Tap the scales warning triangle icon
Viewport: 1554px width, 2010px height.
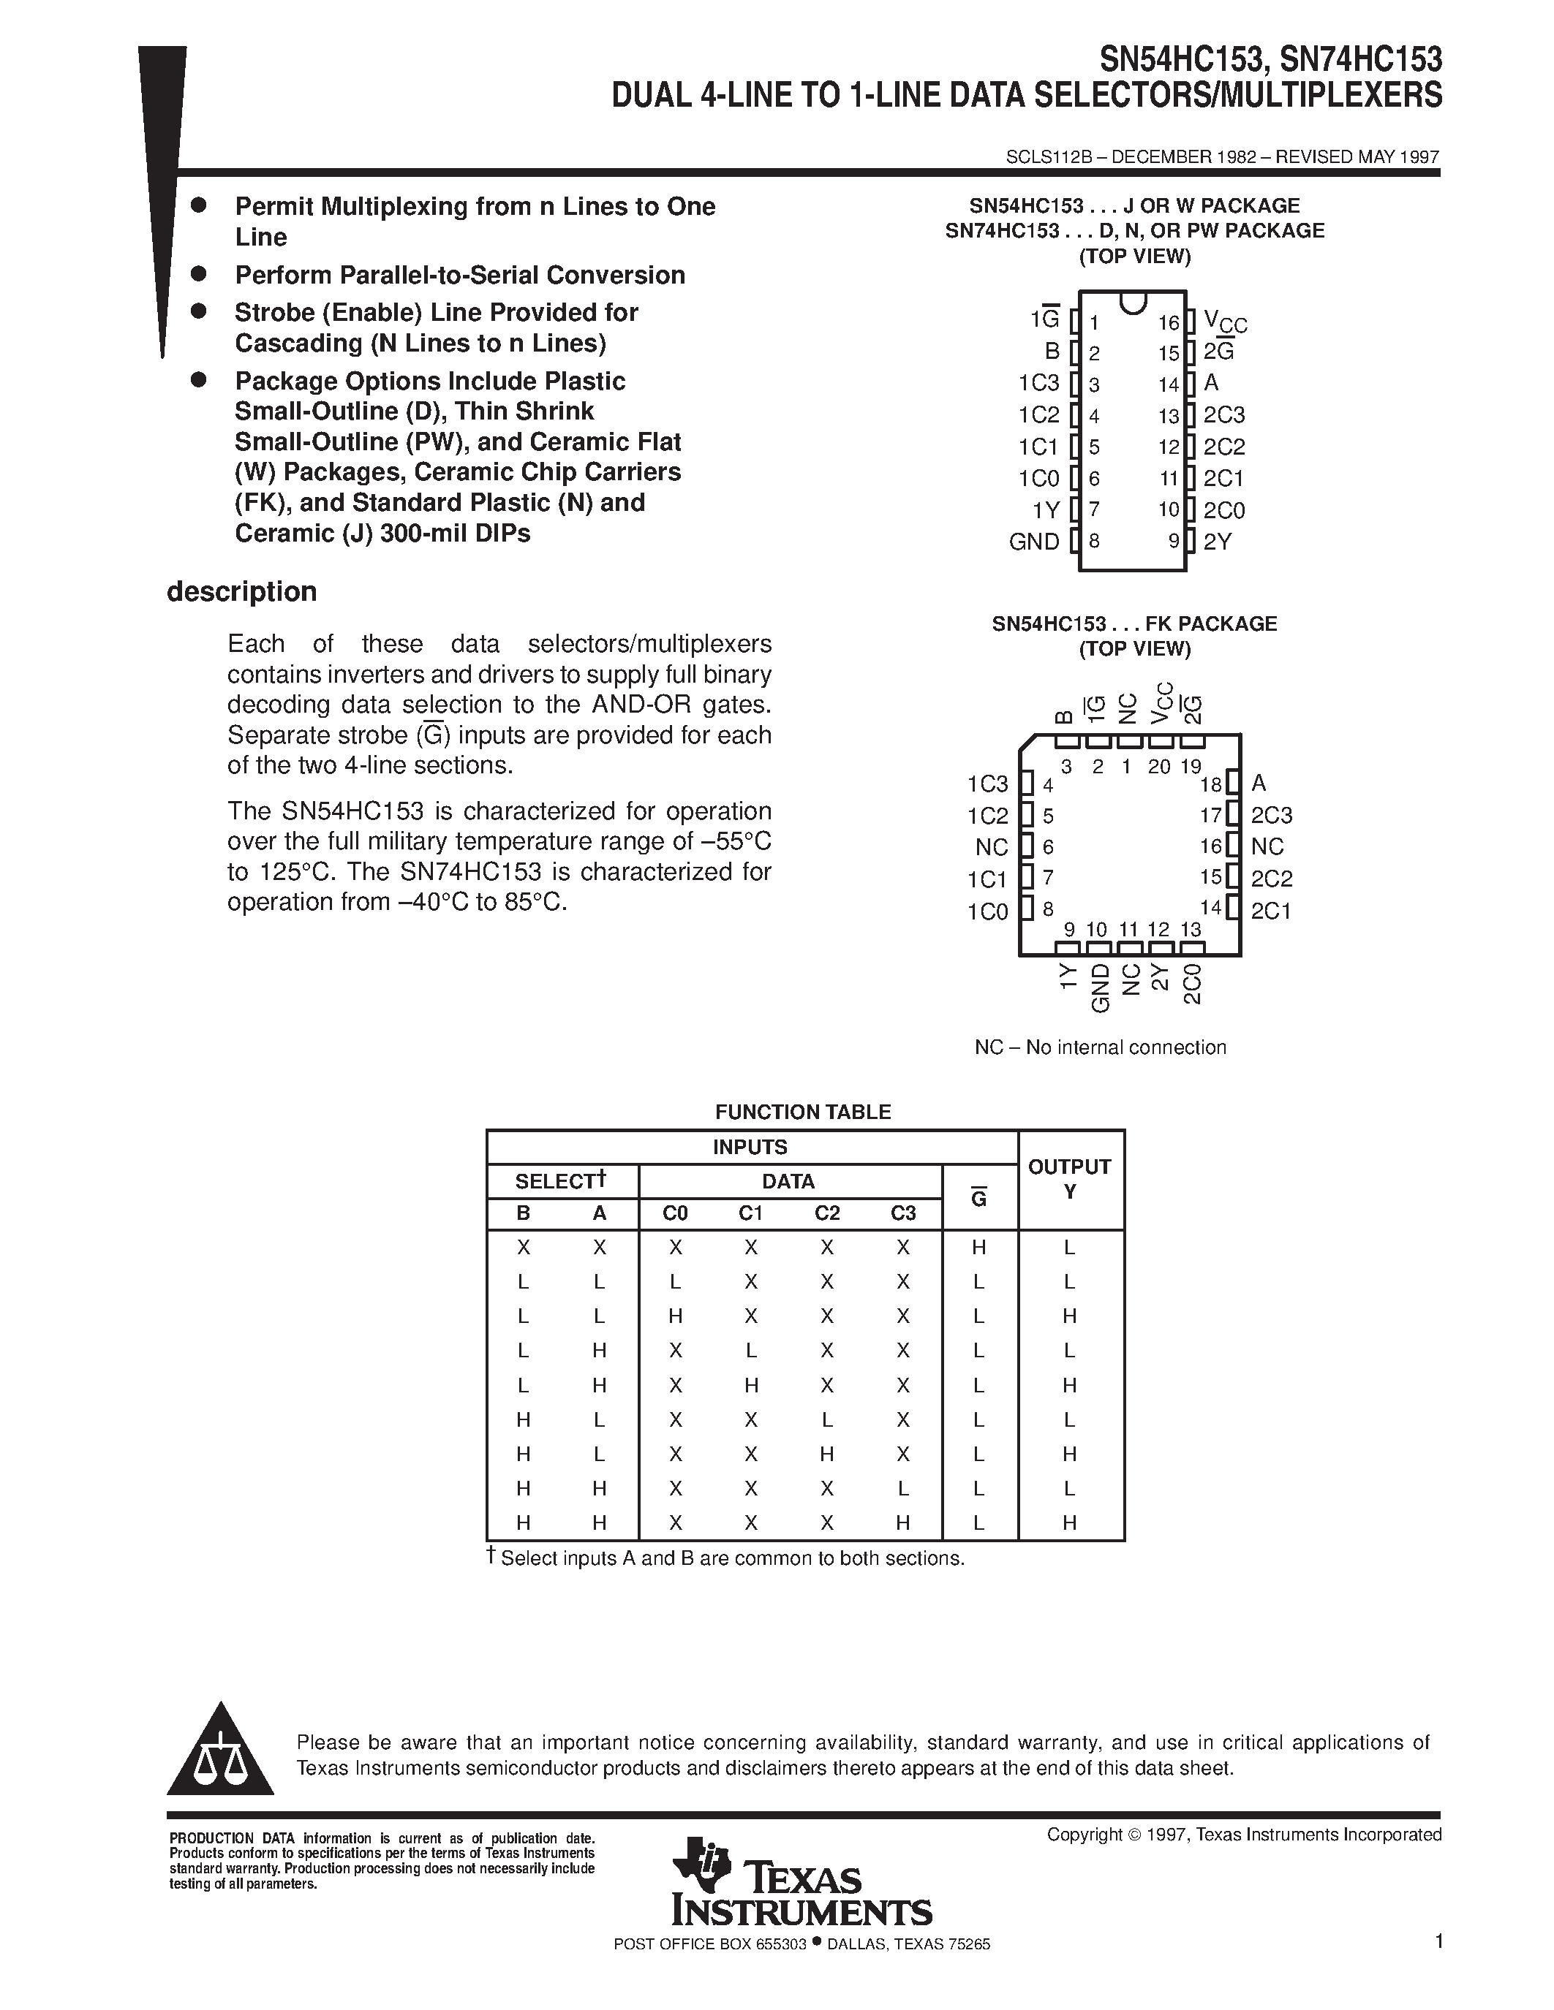pyautogui.click(x=220, y=1753)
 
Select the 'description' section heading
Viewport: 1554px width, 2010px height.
pyautogui.click(x=241, y=592)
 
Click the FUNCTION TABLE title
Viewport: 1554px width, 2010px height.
pyautogui.click(x=803, y=1112)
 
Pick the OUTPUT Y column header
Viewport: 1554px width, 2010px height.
pyautogui.click(x=1070, y=1179)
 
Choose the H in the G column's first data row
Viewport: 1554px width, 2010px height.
pyautogui.click(x=978, y=1248)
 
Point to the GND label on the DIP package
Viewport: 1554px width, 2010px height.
pyautogui.click(x=1034, y=542)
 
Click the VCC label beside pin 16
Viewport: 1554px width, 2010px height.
pyautogui.click(x=1224, y=322)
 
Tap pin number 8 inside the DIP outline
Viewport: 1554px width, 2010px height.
pyautogui.click(x=1095, y=541)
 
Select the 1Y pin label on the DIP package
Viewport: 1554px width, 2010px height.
pyautogui.click(x=1046, y=510)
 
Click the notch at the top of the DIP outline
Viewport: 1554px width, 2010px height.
pyautogui.click(x=1132, y=302)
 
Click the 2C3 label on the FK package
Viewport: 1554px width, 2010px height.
pyautogui.click(x=1272, y=816)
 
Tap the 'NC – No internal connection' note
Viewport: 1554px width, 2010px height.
pyautogui.click(x=1100, y=1047)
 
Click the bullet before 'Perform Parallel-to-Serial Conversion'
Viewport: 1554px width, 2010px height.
pyautogui.click(x=198, y=273)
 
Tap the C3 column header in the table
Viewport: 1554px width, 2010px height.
pyautogui.click(x=903, y=1213)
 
